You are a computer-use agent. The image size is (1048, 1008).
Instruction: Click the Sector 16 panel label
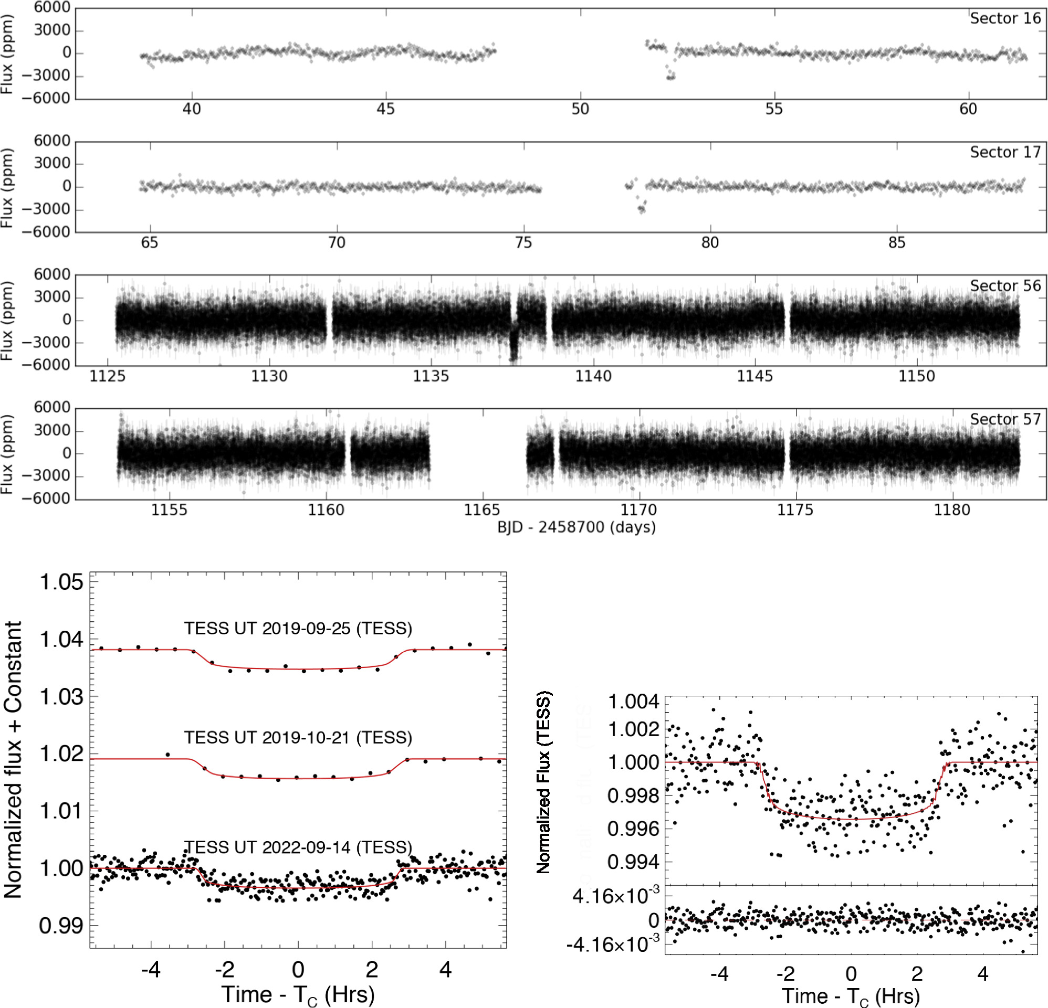point(1005,19)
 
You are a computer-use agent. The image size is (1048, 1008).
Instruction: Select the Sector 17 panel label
point(1005,152)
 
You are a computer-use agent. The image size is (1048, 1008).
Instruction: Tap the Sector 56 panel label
point(1005,286)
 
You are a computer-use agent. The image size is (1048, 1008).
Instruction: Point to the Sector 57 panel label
point(1005,420)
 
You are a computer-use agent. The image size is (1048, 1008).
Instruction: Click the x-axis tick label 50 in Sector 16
point(580,109)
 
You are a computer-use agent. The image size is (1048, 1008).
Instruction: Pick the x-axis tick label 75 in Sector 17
point(523,242)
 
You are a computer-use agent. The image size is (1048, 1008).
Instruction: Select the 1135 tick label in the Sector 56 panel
point(431,376)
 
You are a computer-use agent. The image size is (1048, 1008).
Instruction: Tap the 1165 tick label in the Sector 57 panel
point(482,510)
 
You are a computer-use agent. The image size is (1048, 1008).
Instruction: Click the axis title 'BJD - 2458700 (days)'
point(577,527)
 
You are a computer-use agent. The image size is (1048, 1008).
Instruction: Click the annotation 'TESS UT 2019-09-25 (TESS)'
point(298,628)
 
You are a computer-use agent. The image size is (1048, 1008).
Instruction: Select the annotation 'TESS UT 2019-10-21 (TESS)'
point(298,738)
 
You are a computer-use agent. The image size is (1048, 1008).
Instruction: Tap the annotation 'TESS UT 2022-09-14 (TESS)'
point(298,847)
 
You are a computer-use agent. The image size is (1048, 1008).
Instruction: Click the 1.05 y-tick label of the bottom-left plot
point(62,582)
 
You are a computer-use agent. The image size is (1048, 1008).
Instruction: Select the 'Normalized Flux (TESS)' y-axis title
point(543,783)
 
